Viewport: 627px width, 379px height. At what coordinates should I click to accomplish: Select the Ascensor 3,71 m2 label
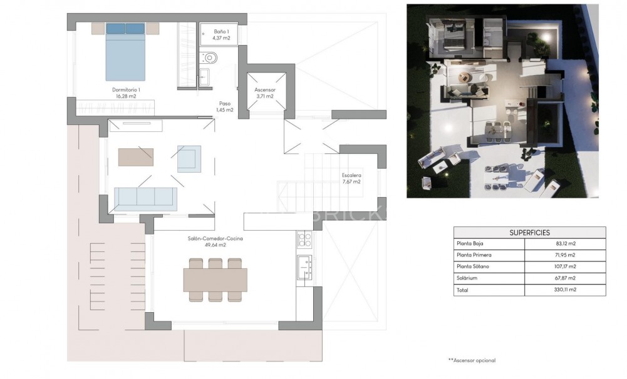click(265, 93)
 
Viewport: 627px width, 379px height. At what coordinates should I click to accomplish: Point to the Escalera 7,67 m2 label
click(351, 178)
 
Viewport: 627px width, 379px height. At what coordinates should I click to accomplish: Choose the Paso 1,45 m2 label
click(225, 107)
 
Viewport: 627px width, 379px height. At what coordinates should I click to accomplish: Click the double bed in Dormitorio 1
click(126, 53)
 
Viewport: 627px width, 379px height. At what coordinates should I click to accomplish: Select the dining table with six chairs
click(215, 280)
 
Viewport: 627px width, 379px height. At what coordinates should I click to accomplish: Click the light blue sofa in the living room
click(147, 197)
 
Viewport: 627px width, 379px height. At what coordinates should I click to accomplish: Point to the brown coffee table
click(135, 156)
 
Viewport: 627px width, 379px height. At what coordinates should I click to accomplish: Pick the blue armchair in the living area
click(189, 158)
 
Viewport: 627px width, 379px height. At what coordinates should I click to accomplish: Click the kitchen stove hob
click(304, 239)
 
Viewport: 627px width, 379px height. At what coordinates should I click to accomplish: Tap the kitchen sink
click(304, 263)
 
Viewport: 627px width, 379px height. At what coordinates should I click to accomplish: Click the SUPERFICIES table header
click(529, 232)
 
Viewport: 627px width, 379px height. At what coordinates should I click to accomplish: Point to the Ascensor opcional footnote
click(472, 360)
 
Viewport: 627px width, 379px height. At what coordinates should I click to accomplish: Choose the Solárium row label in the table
click(469, 278)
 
